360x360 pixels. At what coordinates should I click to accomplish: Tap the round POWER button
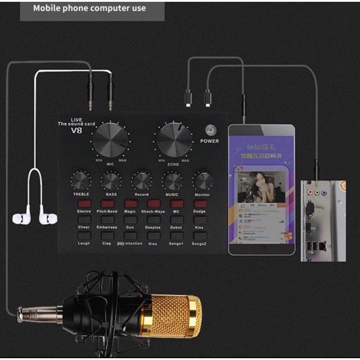(x=209, y=130)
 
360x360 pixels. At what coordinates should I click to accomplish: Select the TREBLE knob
(x=81, y=181)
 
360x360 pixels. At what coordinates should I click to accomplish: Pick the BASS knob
(x=111, y=181)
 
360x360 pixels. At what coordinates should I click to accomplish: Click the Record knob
(x=141, y=181)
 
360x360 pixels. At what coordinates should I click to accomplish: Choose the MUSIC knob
(x=172, y=181)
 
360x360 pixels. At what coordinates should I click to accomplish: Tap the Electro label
(x=84, y=211)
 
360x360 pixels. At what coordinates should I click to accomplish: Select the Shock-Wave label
(x=153, y=211)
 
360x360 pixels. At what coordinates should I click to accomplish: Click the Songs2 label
(x=198, y=243)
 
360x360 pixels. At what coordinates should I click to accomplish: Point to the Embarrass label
(x=107, y=227)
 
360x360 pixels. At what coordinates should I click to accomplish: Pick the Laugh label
(x=84, y=243)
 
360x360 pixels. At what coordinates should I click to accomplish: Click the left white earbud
(x=21, y=218)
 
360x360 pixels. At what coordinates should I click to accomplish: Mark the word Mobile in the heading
(x=48, y=8)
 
